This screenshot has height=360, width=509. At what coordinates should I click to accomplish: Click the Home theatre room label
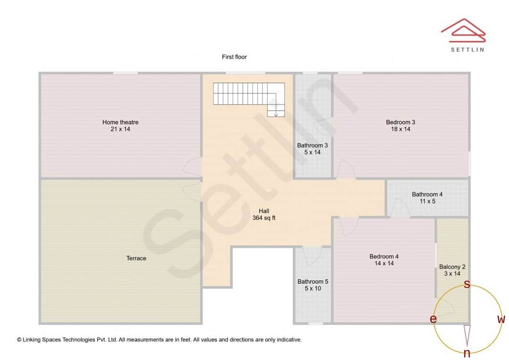120,123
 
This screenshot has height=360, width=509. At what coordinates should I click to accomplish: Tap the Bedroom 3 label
400,123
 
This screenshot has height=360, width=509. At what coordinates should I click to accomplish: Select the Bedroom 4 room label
384,257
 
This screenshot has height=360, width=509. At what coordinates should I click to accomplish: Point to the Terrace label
136,258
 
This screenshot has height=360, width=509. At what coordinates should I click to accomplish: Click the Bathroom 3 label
312,146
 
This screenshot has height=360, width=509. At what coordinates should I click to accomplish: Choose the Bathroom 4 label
427,195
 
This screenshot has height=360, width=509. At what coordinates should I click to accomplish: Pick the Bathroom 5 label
313,282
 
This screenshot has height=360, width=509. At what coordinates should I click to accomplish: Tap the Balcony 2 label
452,267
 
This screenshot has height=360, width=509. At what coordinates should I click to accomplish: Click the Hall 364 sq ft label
264,214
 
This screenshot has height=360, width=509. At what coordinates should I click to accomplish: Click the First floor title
234,57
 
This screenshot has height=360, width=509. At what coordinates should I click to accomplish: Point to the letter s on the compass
467,284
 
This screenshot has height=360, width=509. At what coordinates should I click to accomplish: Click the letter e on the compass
433,319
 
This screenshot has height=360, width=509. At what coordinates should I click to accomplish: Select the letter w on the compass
501,319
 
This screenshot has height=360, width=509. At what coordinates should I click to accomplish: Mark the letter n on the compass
467,353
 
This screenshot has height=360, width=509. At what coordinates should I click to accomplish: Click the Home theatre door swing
192,166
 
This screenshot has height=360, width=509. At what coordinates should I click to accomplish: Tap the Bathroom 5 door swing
312,256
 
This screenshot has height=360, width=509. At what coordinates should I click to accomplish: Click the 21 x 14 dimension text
120,129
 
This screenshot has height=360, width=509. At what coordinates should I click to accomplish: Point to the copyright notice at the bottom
159,339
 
